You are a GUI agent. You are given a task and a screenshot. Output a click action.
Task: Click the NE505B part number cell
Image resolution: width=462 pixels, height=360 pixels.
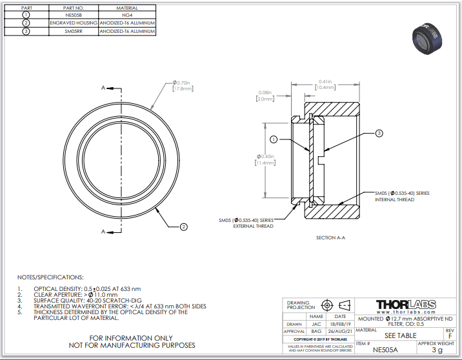tap(74, 14)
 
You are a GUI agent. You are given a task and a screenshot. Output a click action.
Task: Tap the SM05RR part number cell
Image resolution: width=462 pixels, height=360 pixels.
tap(74, 30)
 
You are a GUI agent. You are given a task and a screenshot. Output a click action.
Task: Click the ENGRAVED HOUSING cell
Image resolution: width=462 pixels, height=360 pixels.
tap(74, 22)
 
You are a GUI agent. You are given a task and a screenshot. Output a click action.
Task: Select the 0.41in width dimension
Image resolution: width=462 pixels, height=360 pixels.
tap(325, 82)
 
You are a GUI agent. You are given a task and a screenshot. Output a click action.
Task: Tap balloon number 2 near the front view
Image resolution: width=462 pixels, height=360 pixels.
tap(183, 226)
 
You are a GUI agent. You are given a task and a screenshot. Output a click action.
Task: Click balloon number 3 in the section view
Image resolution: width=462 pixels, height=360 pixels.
tap(379, 134)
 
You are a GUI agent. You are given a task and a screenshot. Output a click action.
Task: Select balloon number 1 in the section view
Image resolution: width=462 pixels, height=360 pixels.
tap(273, 139)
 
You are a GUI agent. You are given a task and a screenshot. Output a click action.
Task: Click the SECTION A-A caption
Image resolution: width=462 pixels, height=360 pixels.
tap(330, 238)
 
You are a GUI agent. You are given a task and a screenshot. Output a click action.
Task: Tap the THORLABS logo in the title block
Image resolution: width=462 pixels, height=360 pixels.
tap(405, 304)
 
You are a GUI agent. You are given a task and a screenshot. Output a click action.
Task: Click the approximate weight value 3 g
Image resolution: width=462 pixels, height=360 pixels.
tap(437, 350)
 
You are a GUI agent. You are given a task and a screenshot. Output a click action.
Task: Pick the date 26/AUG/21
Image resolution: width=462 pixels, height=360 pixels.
tap(339, 330)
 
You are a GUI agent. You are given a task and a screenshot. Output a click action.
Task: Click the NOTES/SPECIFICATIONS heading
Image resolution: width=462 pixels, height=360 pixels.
tap(50, 276)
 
